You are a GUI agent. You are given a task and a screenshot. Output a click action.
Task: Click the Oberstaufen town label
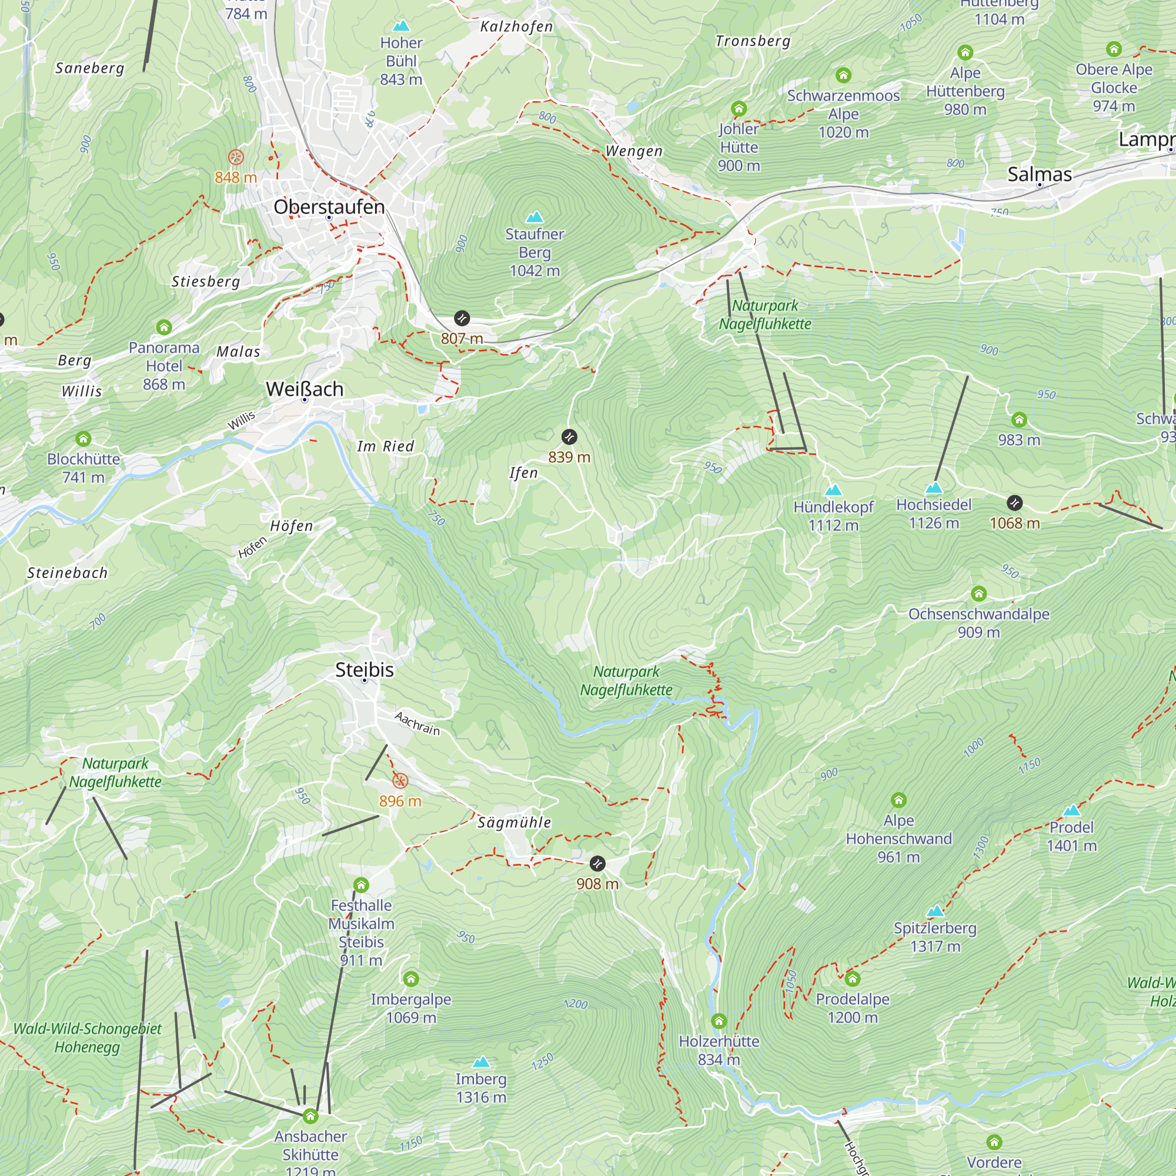[x=329, y=207]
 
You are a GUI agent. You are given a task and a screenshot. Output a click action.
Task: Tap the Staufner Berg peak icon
[x=534, y=217]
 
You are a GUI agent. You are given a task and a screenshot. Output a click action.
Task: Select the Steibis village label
[x=365, y=670]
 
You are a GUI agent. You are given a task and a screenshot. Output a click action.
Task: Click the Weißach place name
[x=305, y=389]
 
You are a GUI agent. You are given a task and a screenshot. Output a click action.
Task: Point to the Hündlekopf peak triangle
[x=833, y=490]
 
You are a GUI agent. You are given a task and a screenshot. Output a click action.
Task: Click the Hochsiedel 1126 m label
[x=934, y=514]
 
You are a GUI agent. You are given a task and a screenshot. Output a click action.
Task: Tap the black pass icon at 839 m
[x=569, y=436]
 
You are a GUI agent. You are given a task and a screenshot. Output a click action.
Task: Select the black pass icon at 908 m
[x=597, y=863]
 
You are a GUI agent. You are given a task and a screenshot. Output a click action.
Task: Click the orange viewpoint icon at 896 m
[x=400, y=780]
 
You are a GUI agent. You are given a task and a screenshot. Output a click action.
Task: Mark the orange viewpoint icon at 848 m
[x=236, y=157]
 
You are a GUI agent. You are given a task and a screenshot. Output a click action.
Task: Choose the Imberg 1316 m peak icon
[x=481, y=1062]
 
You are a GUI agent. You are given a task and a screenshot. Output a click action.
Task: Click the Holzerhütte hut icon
[x=719, y=1021]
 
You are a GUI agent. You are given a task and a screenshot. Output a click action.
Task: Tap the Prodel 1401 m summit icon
[x=1071, y=810]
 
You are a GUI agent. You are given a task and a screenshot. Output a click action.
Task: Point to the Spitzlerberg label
[x=935, y=928]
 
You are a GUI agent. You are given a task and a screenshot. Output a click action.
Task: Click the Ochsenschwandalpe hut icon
[x=978, y=593]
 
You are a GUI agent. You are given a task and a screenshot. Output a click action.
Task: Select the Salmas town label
[x=1039, y=175]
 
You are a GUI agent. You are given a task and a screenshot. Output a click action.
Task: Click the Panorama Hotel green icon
[x=163, y=328]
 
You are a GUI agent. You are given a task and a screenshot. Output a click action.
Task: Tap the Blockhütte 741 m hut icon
[x=83, y=439]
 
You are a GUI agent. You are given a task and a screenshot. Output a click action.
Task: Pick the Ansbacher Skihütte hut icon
[x=310, y=1116]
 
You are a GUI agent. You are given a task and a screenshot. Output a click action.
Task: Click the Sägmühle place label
[x=514, y=823]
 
